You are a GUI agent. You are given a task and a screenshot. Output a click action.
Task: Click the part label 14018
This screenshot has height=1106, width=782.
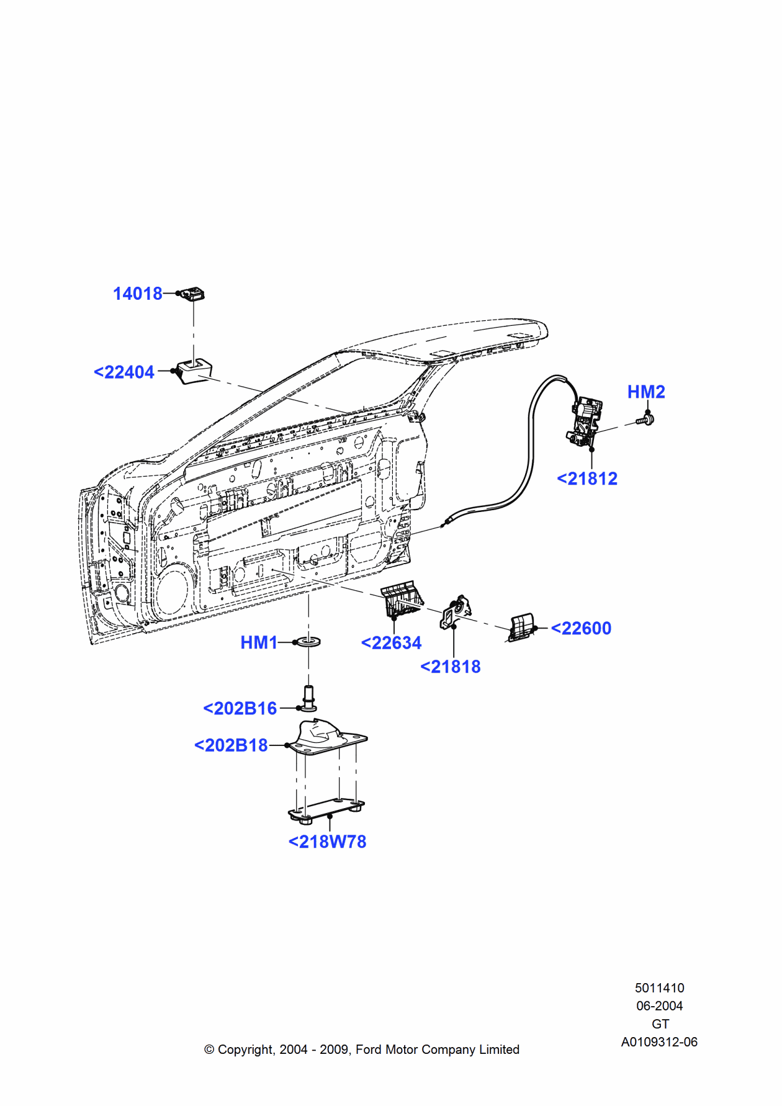point(137,294)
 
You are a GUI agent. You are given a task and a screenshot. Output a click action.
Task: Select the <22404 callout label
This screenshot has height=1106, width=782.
point(124,372)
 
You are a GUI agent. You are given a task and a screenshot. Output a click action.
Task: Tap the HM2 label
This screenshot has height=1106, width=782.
point(646,392)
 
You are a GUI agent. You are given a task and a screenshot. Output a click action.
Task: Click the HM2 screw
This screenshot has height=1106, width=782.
point(646,421)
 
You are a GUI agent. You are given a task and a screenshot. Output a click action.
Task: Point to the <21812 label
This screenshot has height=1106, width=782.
point(587,479)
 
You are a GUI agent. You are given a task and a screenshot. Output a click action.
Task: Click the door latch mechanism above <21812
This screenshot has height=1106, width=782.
point(585,421)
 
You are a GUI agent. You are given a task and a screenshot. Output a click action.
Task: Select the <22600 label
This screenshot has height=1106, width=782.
point(581,629)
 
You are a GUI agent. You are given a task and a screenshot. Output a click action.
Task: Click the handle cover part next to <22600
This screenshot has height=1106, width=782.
point(521,627)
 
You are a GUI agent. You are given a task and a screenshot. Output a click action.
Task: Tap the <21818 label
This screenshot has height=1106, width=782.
point(451,667)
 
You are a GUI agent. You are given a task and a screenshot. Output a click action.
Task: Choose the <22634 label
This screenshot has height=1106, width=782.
point(391,644)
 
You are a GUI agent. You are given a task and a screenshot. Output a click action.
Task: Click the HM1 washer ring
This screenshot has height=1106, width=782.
point(308,642)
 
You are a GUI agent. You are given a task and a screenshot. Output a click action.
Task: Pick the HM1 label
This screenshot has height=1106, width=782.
point(259,643)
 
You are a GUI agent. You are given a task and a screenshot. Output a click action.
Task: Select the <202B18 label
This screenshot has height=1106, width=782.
point(231,745)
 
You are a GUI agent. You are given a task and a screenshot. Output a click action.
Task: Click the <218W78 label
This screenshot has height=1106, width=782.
point(328,842)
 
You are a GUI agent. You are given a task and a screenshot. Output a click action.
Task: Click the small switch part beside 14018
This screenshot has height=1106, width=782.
point(192,293)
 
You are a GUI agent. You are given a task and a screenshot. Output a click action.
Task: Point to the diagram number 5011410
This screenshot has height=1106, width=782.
point(659,988)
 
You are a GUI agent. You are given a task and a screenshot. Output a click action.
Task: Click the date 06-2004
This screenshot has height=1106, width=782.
point(659,1006)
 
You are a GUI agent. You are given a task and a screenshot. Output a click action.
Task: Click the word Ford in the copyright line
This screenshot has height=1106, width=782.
point(368,1050)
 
